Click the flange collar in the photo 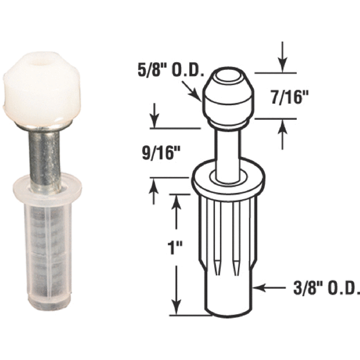point(47,187)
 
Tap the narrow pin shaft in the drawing point(227,150)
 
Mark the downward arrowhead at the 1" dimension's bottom point(176,305)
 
